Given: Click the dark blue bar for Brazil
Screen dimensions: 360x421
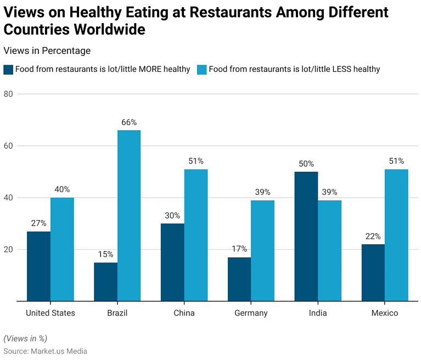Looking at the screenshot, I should coord(105,282).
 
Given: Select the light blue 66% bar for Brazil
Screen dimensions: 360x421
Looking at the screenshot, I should coord(129,215).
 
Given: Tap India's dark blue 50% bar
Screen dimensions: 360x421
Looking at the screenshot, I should coord(306,236).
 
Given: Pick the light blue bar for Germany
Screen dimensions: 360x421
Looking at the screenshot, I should coord(262,250).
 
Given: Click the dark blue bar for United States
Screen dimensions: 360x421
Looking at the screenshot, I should coord(38,266).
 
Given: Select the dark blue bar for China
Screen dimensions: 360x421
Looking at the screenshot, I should coord(172,262).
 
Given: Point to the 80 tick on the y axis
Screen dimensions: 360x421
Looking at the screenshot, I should coord(8,94).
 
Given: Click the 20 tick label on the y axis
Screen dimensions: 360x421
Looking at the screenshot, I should coord(8,250).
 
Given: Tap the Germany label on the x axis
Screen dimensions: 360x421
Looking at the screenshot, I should coord(251,313).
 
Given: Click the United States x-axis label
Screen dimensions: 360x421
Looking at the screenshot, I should coord(50,313).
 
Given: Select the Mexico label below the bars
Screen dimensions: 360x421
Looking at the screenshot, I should coord(384,313).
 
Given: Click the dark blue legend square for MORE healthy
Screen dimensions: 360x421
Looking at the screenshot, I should coord(8,69).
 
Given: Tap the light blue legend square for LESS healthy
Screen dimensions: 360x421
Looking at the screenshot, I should coord(201,69).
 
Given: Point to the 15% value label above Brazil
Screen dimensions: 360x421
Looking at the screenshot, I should coord(105,254).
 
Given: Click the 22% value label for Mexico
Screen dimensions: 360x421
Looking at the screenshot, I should coord(373,236).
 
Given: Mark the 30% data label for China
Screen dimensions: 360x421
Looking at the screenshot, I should coord(172,215).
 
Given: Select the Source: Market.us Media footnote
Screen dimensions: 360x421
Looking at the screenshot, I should coord(45,351).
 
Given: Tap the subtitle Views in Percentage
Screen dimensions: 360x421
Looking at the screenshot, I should coord(47,50).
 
